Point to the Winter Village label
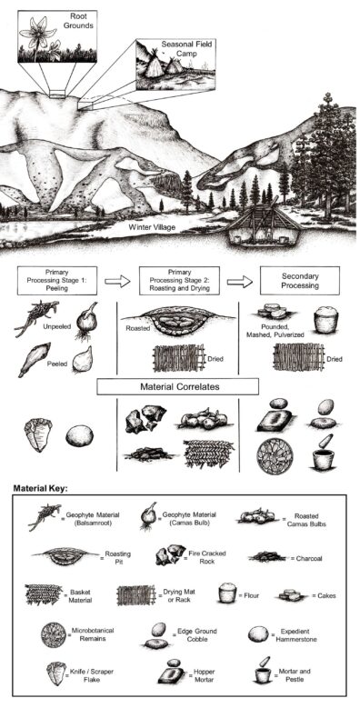tap(152, 227)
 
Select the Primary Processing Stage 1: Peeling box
tap(57, 281)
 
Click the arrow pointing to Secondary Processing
tap(239, 282)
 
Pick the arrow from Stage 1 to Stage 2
tap(117, 282)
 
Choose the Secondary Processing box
tap(300, 281)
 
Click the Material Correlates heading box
tap(178, 386)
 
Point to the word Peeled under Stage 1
tap(56, 363)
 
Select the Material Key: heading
tap(40, 488)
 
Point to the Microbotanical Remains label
tap(92, 633)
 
